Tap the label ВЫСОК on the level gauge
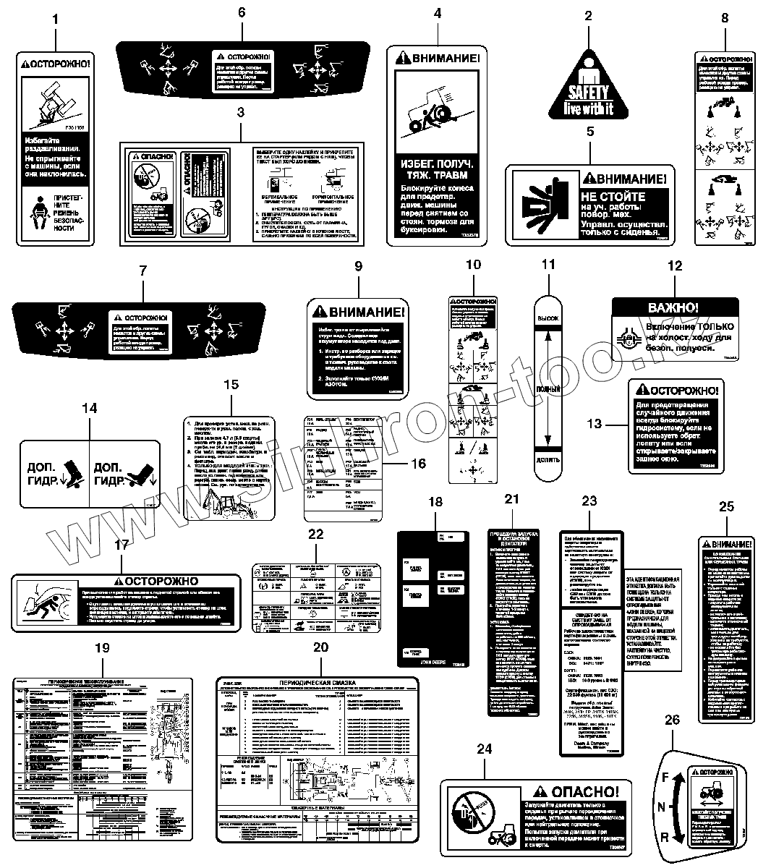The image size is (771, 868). (548, 318)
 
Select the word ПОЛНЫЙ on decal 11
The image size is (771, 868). (548, 389)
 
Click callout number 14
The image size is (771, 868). (89, 409)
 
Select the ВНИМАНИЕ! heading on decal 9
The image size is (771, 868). (358, 313)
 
